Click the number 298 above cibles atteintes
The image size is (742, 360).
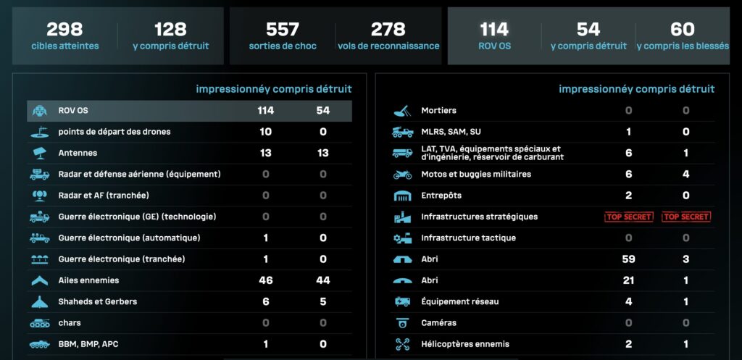(x=64, y=29)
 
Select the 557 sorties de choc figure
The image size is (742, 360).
(x=283, y=29)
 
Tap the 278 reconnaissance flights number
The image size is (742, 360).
(x=388, y=29)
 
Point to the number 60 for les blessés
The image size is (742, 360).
(x=683, y=29)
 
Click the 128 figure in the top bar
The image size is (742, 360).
(x=170, y=29)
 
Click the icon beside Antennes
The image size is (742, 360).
(x=39, y=153)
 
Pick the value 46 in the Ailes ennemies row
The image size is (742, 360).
(x=265, y=280)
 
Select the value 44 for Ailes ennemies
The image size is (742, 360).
(x=323, y=280)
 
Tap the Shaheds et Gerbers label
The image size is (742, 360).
(x=98, y=301)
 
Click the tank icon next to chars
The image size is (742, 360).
(x=39, y=323)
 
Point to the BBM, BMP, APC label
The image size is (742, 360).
(x=89, y=344)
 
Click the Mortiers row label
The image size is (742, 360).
(x=439, y=111)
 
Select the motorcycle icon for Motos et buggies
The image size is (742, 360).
(x=402, y=175)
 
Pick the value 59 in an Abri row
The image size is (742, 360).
(x=628, y=259)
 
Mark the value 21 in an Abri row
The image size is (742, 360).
(x=628, y=280)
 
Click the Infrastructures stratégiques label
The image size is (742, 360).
(x=480, y=217)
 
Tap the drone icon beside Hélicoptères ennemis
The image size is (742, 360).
(x=402, y=344)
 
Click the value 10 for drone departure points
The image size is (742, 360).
(x=265, y=132)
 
